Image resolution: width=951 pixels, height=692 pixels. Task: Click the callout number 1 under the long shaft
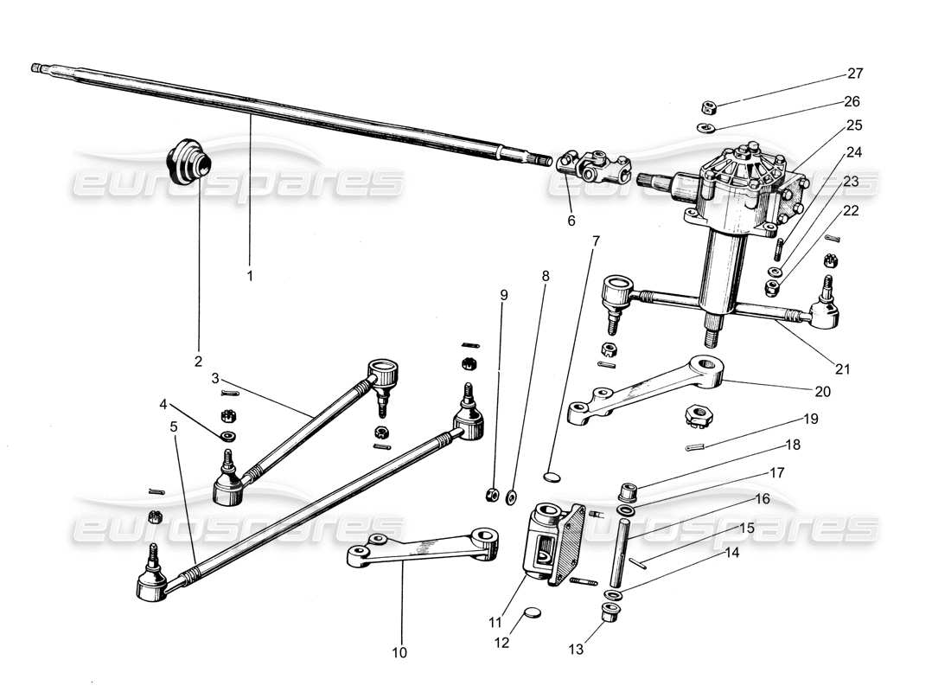pos(250,276)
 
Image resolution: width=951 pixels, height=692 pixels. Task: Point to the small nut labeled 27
pos(707,108)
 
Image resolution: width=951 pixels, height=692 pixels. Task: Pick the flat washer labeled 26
pos(706,129)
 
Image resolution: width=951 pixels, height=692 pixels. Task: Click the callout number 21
pos(843,368)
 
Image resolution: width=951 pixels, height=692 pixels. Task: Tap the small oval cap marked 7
pos(552,475)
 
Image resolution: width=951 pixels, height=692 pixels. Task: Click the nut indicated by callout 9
pos(489,495)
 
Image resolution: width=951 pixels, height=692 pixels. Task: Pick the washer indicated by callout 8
pos(512,496)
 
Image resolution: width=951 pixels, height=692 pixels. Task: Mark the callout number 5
pos(174,426)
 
